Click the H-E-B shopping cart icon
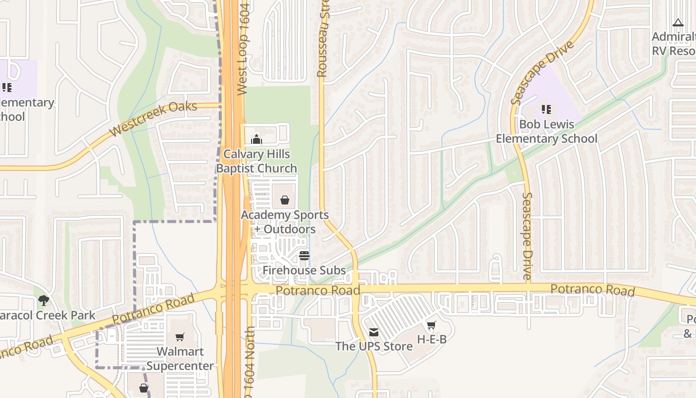point(431,325)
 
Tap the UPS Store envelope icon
point(374,332)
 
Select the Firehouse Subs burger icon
point(304,256)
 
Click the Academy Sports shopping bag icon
point(285,200)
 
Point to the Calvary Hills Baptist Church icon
point(257,139)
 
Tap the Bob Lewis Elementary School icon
point(546,109)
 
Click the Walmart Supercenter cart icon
point(180,337)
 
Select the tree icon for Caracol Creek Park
point(44,300)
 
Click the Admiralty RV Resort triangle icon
point(678,22)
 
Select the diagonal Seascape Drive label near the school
point(542,73)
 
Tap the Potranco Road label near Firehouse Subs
point(318,290)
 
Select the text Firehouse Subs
point(304,271)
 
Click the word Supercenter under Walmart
point(180,366)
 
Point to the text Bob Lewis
point(546,124)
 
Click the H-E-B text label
point(432,340)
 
